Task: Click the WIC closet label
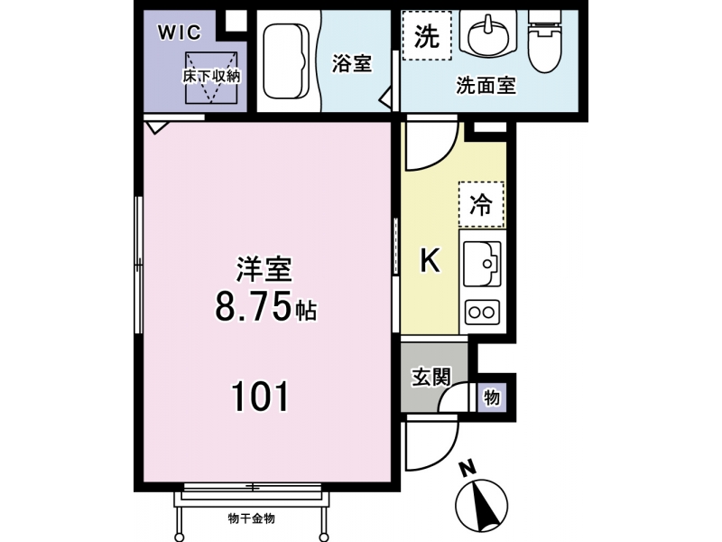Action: (180, 33)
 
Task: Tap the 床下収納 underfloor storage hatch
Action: (211, 78)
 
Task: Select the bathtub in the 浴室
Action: (286, 61)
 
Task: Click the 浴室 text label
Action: (352, 63)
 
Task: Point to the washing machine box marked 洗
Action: (427, 35)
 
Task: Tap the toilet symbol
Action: (545, 41)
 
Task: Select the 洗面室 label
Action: (486, 86)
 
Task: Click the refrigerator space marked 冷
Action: (481, 204)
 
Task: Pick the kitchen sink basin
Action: (482, 263)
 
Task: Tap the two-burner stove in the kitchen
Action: (482, 313)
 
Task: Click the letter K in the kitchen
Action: (430, 260)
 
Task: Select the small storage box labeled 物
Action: (492, 397)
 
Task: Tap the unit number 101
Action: (260, 396)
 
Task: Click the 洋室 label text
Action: (264, 269)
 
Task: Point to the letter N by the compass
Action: (468, 469)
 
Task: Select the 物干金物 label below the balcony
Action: (252, 519)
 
